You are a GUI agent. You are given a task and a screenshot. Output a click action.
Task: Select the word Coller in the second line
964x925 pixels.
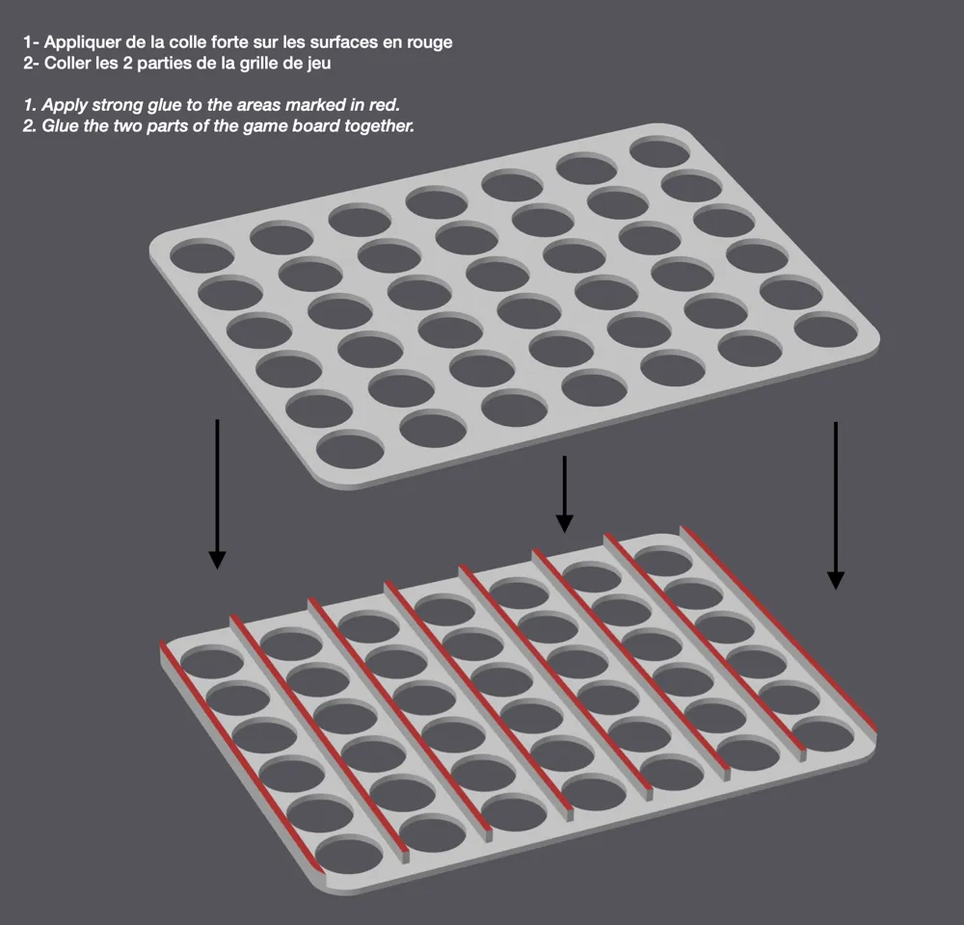click(67, 63)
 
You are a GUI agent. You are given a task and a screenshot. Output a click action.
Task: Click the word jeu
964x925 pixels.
click(319, 64)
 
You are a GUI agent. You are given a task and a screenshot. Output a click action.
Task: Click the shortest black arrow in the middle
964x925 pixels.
click(564, 493)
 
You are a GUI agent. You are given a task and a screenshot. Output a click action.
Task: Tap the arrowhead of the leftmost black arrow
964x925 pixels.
click(217, 559)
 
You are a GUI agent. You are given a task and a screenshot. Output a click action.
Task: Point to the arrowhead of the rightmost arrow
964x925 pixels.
click(835, 580)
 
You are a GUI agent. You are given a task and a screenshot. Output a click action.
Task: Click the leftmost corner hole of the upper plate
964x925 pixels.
click(201, 256)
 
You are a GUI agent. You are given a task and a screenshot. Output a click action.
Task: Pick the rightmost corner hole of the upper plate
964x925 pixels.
click(826, 329)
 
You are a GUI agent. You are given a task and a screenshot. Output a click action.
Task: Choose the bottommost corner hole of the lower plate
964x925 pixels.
click(349, 855)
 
